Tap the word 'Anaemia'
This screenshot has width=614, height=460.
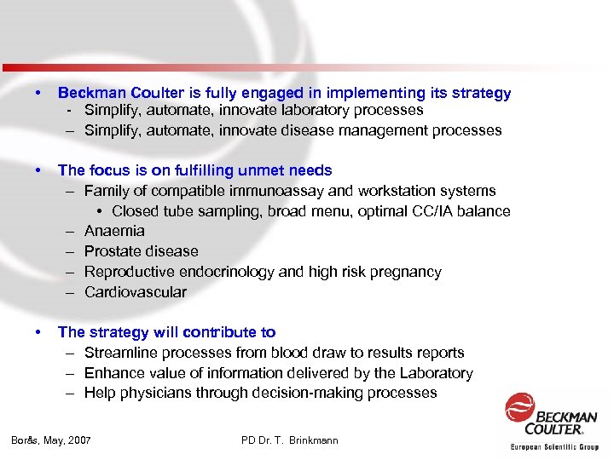tap(114, 231)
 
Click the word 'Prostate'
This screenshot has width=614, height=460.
tap(113, 251)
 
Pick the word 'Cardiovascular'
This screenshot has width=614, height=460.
tap(135, 292)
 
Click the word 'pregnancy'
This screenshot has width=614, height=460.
tap(408, 272)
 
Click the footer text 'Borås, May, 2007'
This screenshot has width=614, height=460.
tap(51, 440)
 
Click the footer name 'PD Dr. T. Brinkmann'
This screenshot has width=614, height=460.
tap(290, 440)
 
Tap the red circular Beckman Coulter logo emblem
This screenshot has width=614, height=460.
tap(519, 408)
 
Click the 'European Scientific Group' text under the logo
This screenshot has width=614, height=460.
tap(553, 447)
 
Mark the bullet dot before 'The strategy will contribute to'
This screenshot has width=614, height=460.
tap(38, 332)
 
